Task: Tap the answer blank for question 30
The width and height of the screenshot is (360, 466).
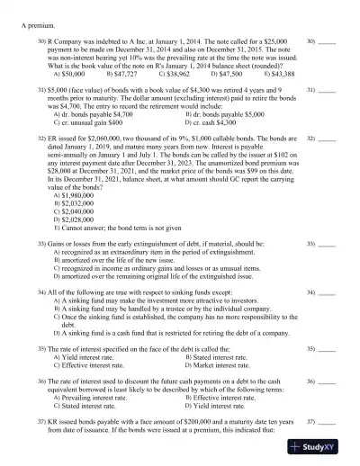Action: click(x=328, y=41)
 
